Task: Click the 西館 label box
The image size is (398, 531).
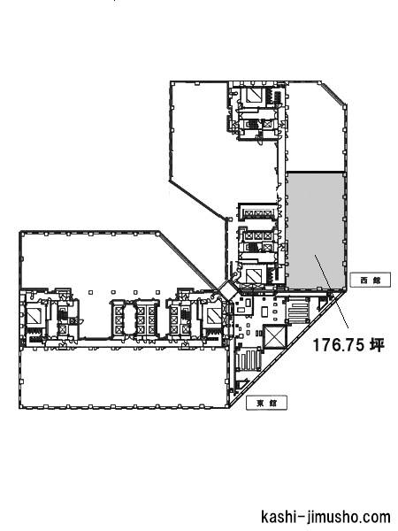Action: pyautogui.click(x=371, y=280)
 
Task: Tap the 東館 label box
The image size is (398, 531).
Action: pyautogui.click(x=266, y=403)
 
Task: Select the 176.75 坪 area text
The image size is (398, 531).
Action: pyautogui.click(x=348, y=345)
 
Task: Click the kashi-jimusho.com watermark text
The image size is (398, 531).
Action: pyautogui.click(x=325, y=517)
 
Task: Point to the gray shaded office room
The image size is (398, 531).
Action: pyautogui.click(x=315, y=230)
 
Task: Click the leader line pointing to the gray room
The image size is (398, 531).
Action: pyautogui.click(x=332, y=291)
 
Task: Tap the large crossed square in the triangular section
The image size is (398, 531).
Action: pyautogui.click(x=274, y=336)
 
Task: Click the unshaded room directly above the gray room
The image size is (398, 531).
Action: pyautogui.click(x=315, y=127)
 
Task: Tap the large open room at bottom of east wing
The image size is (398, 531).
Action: pyautogui.click(x=123, y=377)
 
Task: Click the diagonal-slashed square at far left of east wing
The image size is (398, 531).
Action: pyautogui.click(x=34, y=317)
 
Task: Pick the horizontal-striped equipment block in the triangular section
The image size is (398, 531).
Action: pyautogui.click(x=298, y=311)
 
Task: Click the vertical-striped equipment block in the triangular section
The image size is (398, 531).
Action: pyautogui.click(x=249, y=362)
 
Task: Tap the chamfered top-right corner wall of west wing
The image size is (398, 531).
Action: pyautogui.click(x=333, y=92)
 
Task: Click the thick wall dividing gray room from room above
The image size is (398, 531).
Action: pyautogui.click(x=315, y=172)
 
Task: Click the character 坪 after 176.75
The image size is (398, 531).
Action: pyautogui.click(x=378, y=345)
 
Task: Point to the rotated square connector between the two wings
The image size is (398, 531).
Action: pyautogui.click(x=227, y=290)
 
